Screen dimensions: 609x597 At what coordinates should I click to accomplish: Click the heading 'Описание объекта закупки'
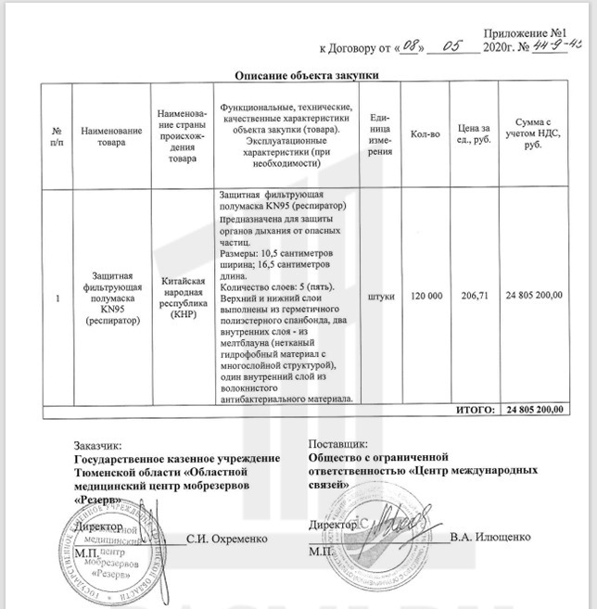pyautogui.click(x=305, y=75)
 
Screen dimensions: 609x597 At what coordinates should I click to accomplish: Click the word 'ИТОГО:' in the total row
pyautogui.click(x=474, y=409)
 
